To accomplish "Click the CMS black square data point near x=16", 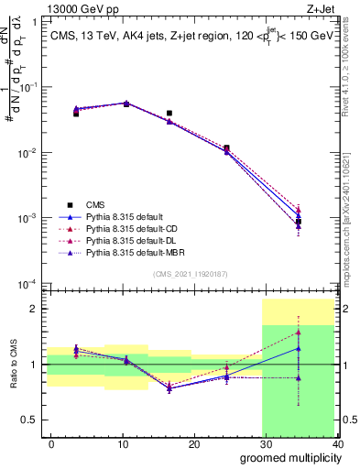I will tap(169, 114).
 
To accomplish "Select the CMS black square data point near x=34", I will tap(298, 222).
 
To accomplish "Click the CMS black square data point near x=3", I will tap(76, 114).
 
